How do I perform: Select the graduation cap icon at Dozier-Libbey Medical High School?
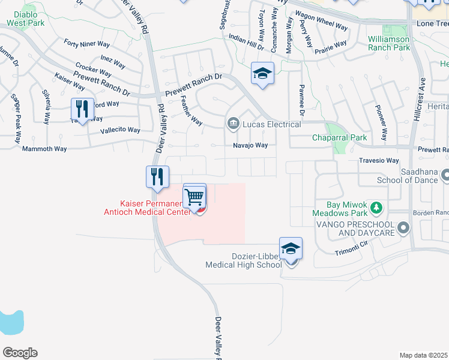[x=291, y=249]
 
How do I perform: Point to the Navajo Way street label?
[x=250, y=145]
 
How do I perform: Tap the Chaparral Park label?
[x=339, y=138]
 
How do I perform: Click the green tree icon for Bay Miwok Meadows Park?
[x=376, y=208]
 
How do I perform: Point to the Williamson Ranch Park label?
[x=388, y=43]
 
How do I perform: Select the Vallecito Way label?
[x=120, y=130]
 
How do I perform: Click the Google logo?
[x=20, y=353]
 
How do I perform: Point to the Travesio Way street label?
[x=379, y=161]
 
